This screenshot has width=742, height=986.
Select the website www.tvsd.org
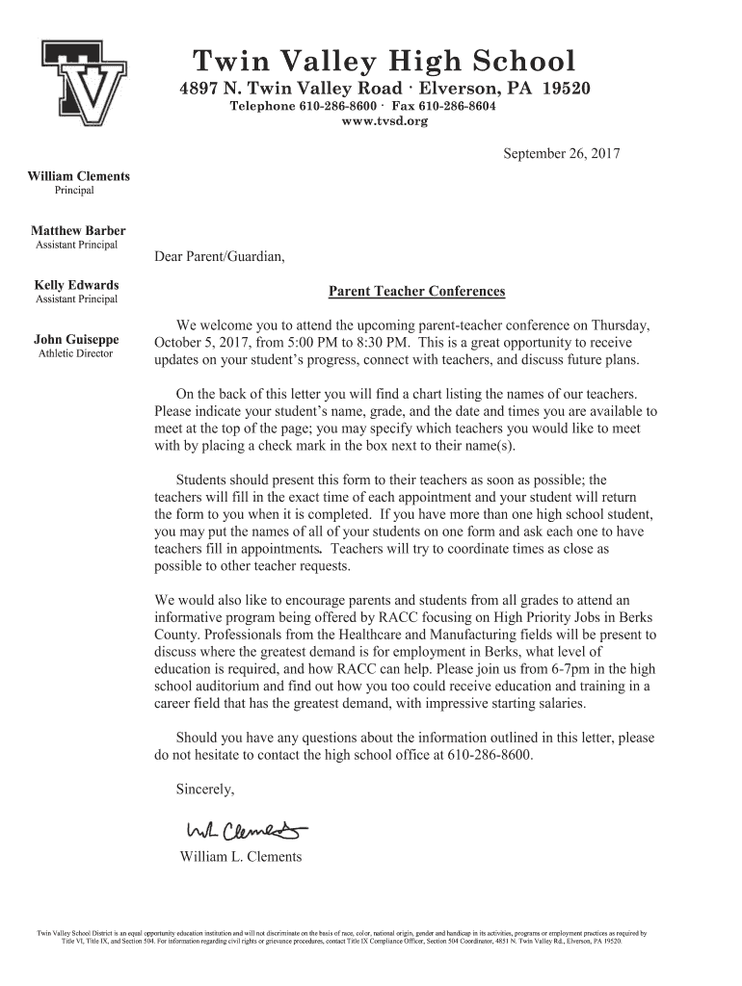coord(384,122)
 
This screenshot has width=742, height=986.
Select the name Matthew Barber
coord(78,231)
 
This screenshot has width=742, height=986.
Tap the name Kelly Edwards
coord(77,285)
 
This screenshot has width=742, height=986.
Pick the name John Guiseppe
coord(77,340)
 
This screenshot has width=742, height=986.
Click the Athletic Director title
coord(75,353)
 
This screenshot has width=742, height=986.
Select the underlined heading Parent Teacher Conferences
coord(416,292)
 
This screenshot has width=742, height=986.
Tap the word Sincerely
coord(205,790)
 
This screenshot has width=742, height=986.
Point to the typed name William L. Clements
coord(241,857)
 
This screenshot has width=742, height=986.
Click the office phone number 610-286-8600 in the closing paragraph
coord(490,756)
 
